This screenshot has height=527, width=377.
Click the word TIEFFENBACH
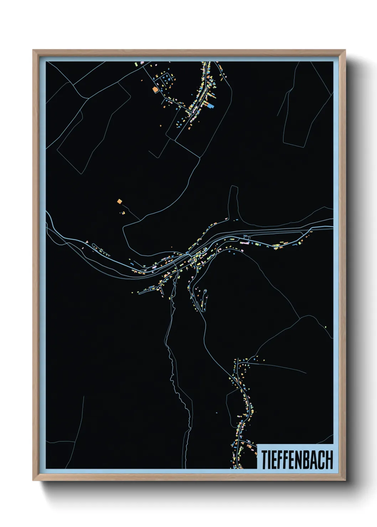point(297,460)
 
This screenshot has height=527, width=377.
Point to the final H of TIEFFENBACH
point(329,460)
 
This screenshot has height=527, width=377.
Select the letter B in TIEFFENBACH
point(306,460)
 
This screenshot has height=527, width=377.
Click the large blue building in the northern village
point(211,106)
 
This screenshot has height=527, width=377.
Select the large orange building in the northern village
point(155,90)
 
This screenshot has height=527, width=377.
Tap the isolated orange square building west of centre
point(119,202)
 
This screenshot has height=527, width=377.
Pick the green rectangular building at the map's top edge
point(135,64)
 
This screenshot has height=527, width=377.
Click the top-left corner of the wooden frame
point(33,51)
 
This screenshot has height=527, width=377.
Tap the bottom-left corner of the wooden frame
point(33,480)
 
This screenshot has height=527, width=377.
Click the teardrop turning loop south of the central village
point(205,293)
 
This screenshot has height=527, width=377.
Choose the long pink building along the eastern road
point(244,243)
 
